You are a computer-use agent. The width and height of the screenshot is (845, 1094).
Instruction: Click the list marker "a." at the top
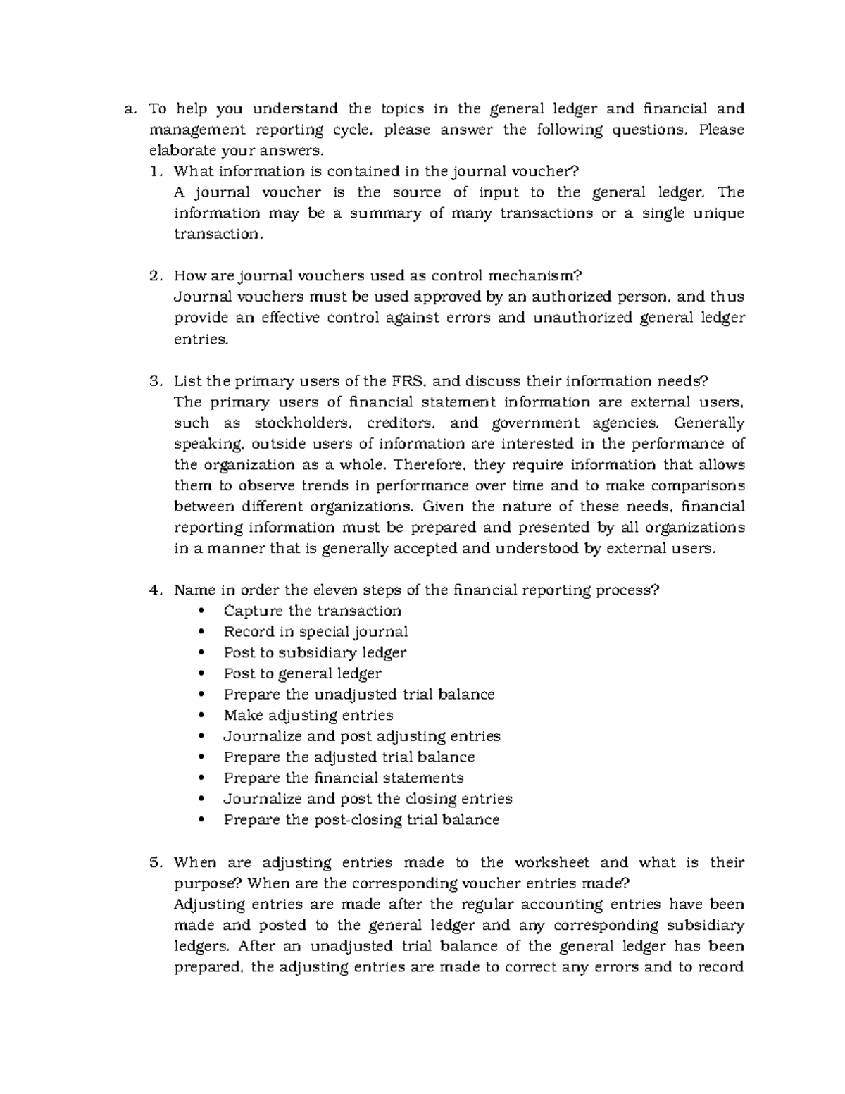click(x=129, y=108)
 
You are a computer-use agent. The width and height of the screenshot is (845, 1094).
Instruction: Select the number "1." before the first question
click(x=156, y=171)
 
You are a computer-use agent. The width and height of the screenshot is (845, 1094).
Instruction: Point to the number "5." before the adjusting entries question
click(x=156, y=862)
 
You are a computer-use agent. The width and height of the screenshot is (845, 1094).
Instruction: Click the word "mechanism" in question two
click(x=533, y=276)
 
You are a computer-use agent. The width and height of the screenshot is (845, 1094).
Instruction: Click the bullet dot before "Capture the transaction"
click(x=204, y=611)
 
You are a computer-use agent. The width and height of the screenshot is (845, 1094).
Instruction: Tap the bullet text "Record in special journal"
click(x=315, y=632)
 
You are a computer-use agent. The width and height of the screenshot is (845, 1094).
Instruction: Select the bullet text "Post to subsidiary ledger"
click(x=315, y=653)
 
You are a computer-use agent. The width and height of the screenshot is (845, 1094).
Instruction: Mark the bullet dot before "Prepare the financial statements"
click(x=204, y=778)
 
